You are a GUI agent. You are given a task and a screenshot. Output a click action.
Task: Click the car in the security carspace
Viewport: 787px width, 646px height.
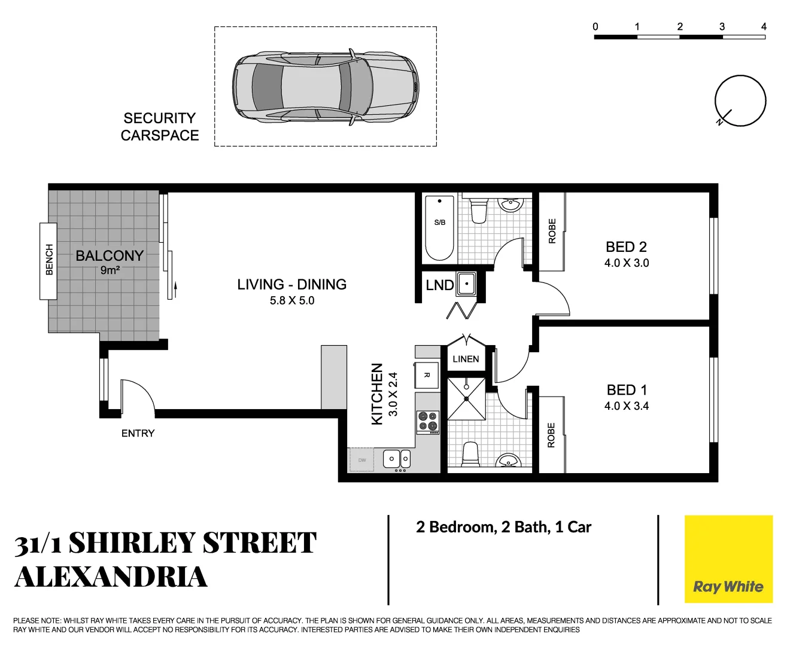[x=325, y=86]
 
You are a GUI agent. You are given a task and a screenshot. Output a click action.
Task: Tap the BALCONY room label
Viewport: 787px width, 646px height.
[x=110, y=256]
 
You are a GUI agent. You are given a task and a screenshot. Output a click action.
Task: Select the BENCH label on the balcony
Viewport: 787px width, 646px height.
[x=49, y=260]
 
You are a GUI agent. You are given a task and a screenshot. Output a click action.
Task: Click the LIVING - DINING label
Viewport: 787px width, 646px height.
[x=291, y=285]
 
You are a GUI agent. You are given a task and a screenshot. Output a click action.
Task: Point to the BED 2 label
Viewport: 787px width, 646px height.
[x=626, y=247]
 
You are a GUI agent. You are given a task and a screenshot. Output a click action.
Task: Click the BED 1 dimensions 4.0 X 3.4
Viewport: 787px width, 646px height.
[x=626, y=406]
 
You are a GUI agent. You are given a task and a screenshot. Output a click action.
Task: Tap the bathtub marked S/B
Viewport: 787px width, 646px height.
[x=440, y=228]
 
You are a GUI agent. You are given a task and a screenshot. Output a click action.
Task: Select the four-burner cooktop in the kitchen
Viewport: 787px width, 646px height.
[x=428, y=422]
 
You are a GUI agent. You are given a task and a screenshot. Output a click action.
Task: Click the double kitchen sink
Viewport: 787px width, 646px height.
[x=397, y=459]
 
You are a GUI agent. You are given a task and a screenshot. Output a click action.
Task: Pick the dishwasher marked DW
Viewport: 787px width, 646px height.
[x=362, y=460]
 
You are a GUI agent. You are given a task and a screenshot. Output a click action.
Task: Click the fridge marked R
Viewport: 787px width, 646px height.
[x=427, y=375]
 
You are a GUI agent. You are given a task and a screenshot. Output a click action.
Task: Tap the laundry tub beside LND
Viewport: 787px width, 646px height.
[x=466, y=284]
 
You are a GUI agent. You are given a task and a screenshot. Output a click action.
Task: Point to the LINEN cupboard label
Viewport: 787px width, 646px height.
[x=466, y=359]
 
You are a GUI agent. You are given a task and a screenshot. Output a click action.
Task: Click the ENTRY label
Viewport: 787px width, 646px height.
[x=138, y=434]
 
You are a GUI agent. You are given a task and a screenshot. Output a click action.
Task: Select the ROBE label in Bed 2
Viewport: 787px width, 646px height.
[x=552, y=231]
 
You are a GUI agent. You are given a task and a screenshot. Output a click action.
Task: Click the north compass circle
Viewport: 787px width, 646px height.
[x=740, y=100]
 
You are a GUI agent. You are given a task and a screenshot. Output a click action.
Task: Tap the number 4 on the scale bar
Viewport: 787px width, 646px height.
[x=764, y=26]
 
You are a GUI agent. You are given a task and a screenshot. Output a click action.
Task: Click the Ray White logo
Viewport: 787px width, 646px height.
[x=728, y=560]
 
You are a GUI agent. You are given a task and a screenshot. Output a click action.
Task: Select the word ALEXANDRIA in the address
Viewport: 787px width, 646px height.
[x=111, y=577]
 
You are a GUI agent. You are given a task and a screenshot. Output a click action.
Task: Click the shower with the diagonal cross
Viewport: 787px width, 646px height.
[x=466, y=398]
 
